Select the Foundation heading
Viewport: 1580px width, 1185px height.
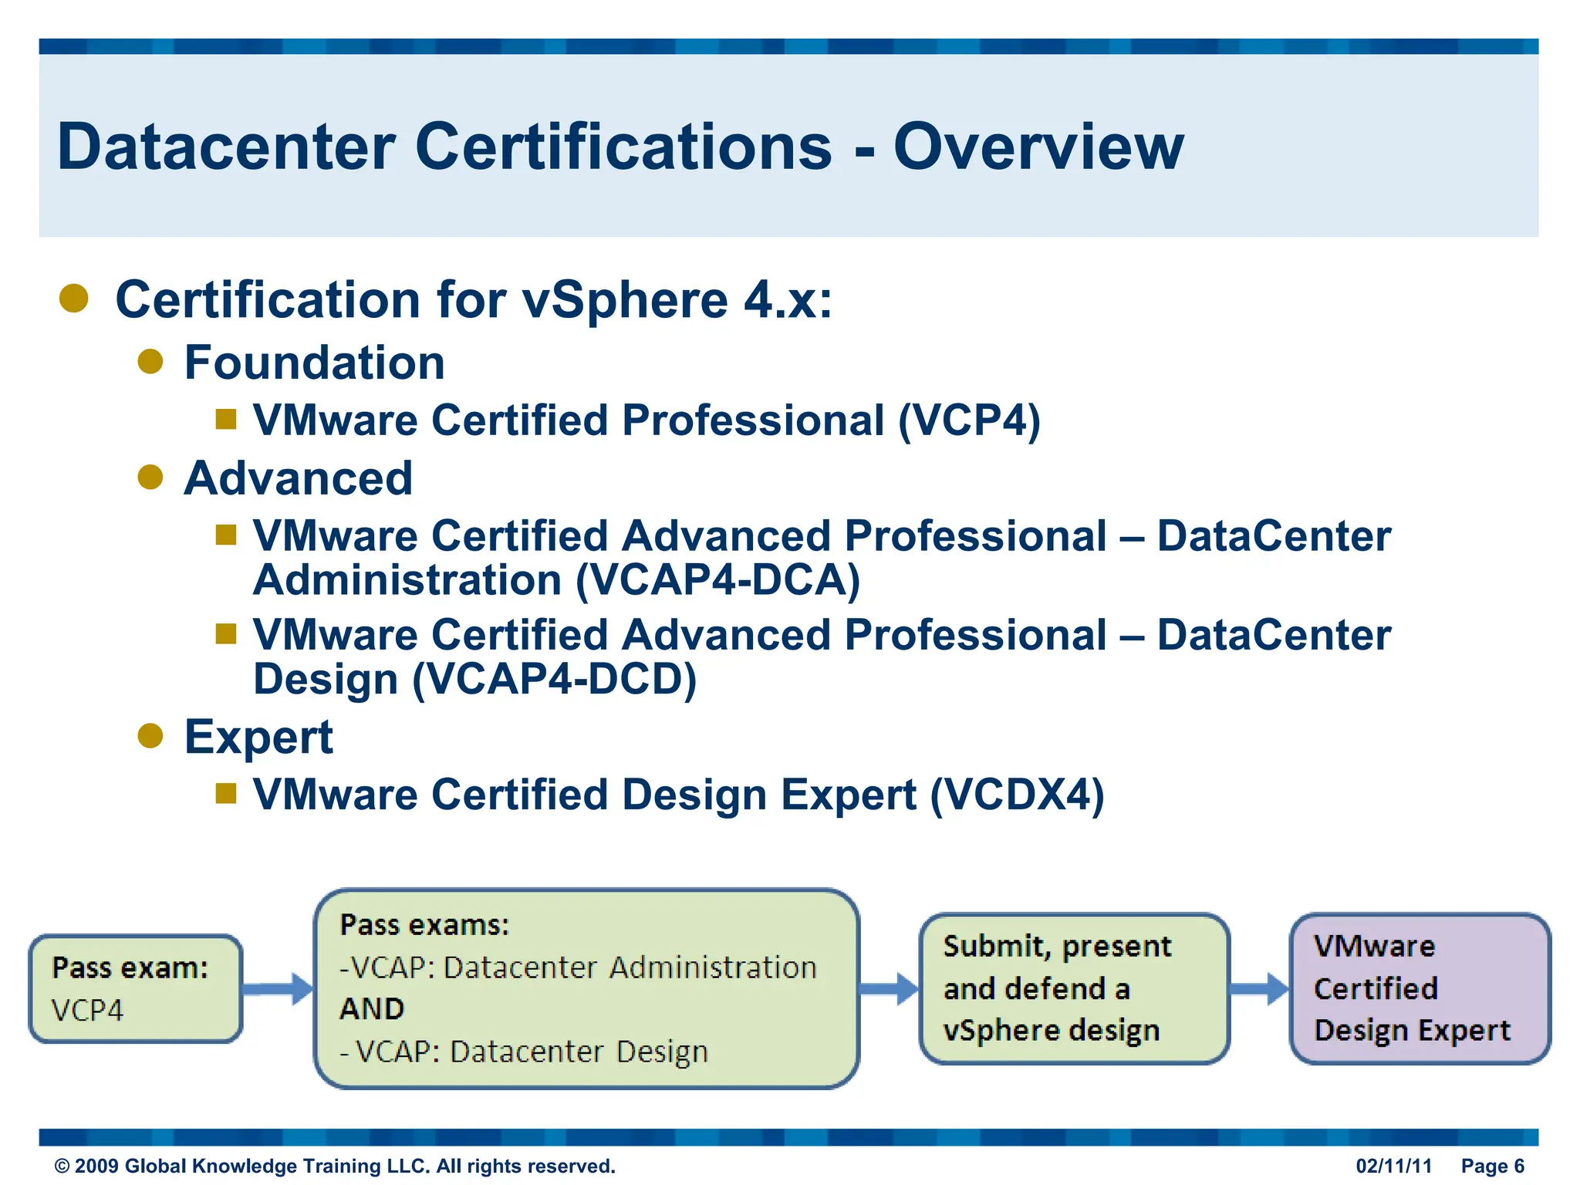[x=314, y=363]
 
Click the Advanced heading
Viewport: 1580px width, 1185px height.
[x=298, y=478]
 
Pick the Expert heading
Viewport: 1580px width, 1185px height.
[x=258, y=737]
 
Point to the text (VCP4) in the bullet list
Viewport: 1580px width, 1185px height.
[x=969, y=421]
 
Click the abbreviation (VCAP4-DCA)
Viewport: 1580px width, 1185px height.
[x=717, y=580]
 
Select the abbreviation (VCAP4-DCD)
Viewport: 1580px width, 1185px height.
[x=554, y=680]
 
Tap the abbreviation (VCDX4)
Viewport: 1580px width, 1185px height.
[x=1017, y=795]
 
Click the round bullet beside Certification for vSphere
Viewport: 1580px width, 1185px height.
[x=74, y=299]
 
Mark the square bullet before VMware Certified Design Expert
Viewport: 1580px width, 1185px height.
[x=225, y=793]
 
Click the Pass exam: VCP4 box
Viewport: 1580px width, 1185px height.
[x=136, y=988]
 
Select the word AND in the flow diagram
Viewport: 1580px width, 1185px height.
[x=372, y=1009]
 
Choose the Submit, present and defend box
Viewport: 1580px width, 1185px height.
[x=1074, y=988]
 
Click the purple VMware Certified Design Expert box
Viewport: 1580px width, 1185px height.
[x=1420, y=988]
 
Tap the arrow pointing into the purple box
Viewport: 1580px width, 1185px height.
[x=1259, y=989]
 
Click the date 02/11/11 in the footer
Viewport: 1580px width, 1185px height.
[x=1393, y=1166]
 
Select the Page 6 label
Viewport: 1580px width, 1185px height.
[x=1493, y=1166]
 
